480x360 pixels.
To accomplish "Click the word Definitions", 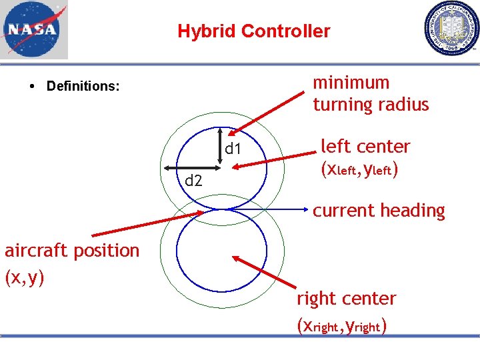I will pos(83,86).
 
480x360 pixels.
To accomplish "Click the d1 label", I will pos(233,149).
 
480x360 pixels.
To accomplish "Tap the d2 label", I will pos(193,180).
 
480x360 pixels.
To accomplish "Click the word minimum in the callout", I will pos(351,83).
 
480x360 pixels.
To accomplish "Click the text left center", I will pos(365,146).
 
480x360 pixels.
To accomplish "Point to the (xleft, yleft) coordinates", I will pos(360,170).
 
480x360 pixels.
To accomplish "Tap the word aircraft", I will pos(39,251).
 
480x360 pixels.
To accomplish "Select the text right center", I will pos(346,299).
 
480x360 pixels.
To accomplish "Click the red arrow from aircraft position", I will pos(147,223).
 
